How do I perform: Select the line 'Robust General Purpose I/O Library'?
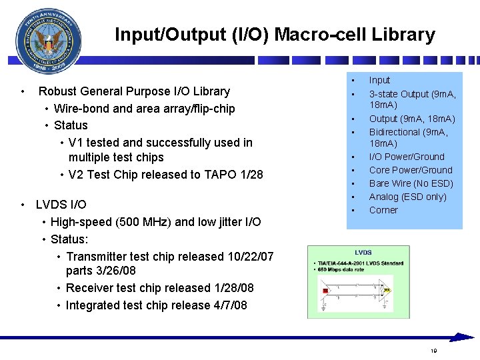pos(134,91)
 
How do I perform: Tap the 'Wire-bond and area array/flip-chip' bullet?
pos(144,108)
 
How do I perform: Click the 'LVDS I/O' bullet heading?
pos(61,205)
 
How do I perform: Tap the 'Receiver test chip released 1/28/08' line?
pos(160,288)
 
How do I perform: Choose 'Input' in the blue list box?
pos(379,80)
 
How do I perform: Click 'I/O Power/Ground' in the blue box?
pos(407,157)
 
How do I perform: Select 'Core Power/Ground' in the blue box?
pos(411,170)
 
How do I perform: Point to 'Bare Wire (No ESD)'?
pos(411,183)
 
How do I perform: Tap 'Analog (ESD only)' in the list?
pos(407,197)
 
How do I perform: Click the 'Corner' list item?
pos(383,210)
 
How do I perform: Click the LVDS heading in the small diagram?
pos(363,253)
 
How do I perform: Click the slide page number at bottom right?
pos(433,351)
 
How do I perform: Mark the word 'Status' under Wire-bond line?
pos(71,125)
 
